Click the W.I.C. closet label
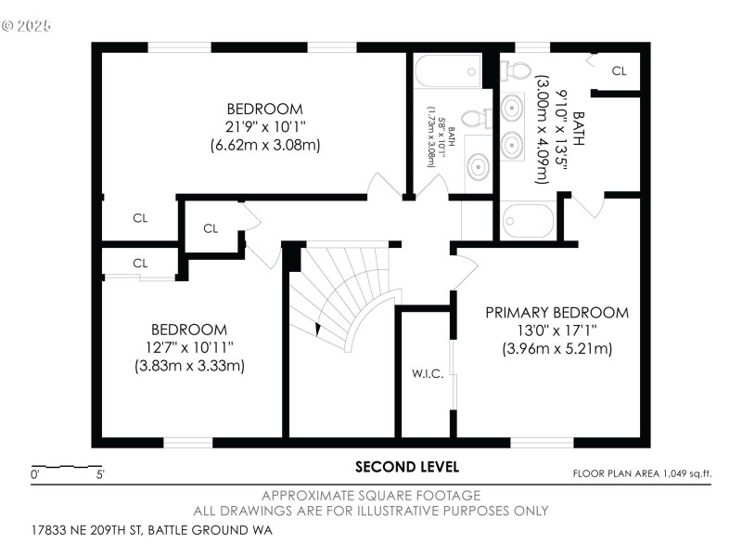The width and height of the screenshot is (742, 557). pos(428,374)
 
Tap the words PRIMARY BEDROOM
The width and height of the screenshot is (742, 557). pos(556,313)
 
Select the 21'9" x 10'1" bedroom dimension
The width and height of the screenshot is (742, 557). pos(265,126)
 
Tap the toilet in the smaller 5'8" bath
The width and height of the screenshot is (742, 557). pos(474,118)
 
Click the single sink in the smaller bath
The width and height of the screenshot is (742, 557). pos(477,167)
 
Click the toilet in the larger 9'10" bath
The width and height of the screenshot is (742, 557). pos(518,70)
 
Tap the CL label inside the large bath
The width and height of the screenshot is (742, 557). pos(619,71)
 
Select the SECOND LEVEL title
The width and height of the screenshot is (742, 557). pos(406,467)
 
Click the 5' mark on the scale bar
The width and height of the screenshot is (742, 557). pos(99,474)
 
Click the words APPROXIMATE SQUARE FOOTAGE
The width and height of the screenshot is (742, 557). pos(371,496)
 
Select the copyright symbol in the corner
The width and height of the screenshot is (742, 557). pos(9,25)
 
